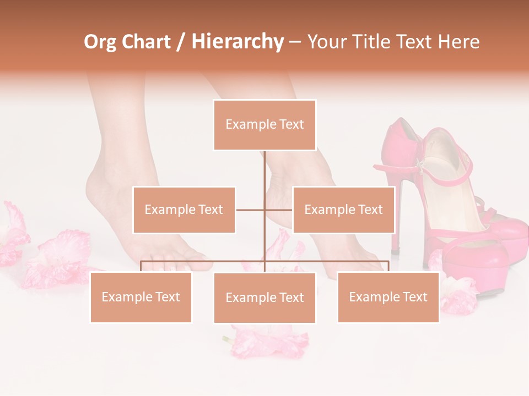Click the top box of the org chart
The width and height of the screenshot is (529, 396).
264,125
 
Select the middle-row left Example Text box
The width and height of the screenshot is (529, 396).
184,210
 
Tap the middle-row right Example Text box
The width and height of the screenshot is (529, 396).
343,210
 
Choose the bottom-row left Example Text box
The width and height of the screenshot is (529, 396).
141,297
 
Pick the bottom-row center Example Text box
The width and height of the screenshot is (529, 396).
264,298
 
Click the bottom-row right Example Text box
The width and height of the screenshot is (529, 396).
388,297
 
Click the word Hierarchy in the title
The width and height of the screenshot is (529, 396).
237,42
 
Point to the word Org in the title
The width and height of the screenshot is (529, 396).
100,42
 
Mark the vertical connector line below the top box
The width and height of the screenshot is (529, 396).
264,170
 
